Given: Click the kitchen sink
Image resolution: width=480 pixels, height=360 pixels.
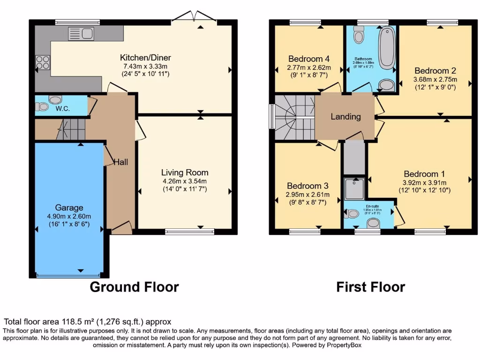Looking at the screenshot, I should (81, 33).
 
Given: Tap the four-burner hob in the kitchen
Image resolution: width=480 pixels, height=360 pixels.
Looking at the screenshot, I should (43, 62).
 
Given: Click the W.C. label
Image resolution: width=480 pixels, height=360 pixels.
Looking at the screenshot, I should (63, 109).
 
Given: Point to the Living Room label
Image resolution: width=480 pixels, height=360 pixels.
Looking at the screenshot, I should (185, 172).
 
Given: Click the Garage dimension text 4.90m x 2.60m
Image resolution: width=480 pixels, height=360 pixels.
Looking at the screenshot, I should (69, 217).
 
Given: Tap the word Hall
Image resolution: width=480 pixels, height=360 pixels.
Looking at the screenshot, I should (121, 162).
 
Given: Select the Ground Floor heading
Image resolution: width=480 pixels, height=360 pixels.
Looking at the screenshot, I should (134, 286).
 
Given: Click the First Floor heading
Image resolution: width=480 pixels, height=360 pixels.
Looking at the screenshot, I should (370, 286).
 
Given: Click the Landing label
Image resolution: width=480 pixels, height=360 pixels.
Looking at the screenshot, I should (346, 117).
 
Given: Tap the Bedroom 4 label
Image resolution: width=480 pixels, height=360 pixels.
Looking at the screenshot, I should (308, 59).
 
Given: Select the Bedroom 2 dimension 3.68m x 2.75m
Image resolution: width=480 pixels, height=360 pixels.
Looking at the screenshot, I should (435, 79).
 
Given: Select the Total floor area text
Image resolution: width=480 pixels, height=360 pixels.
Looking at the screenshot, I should (88, 322).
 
